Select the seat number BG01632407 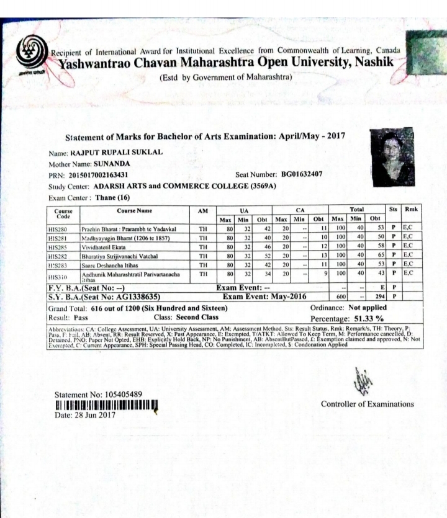click(302, 174)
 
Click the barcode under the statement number click(104, 405)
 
